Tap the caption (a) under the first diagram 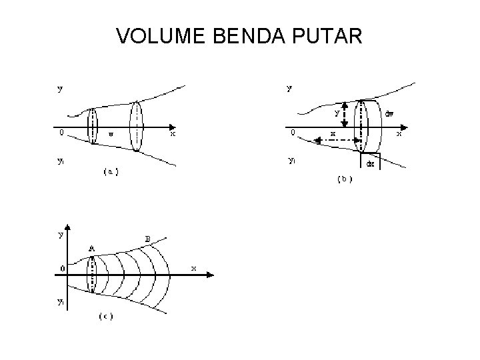coord(111,172)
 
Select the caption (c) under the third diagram coord(106,316)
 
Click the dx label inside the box coord(371,162)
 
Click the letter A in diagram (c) coord(91,249)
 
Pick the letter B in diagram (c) coord(147,238)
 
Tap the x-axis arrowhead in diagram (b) coord(407,127)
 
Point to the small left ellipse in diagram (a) coord(92,125)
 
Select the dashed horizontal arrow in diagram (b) coord(337,141)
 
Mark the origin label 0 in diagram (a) coord(61,132)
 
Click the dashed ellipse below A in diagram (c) coord(93,274)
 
